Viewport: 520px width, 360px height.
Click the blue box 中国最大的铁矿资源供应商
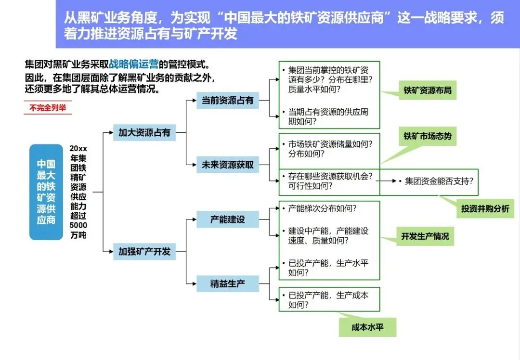46,192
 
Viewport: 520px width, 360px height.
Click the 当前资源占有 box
228,101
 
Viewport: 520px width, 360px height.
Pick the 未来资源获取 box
228,165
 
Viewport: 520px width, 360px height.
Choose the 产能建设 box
228,219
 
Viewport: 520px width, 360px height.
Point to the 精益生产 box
228,283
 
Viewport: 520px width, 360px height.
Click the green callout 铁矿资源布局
428,90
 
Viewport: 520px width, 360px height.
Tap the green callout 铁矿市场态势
428,137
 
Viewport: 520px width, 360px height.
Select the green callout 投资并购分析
485,209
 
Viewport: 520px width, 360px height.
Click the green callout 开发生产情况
425,236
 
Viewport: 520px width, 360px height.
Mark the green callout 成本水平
367,327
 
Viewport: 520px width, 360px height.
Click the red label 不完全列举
47,108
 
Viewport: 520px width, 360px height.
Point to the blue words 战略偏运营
134,64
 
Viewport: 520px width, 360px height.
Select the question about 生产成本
328,300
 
